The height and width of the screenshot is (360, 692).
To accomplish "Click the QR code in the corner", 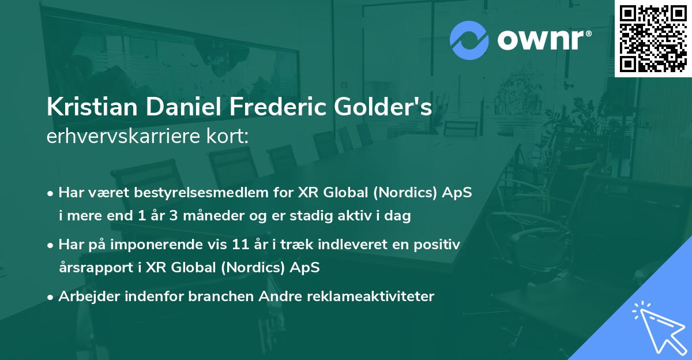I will [x=653, y=38].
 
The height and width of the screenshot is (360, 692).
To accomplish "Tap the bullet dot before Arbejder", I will [x=51, y=297].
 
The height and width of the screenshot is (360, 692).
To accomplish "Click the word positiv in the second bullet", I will [x=440, y=245].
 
